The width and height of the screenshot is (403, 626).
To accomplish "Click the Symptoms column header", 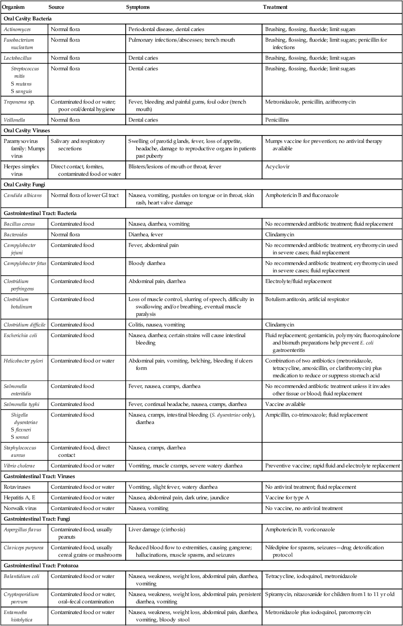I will coord(138,7).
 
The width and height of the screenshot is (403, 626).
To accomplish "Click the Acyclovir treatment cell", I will coord(275,166).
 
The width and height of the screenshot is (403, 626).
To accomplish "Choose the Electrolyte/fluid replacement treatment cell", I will coord(298,281).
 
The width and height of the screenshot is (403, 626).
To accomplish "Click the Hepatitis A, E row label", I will coord(19,497).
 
